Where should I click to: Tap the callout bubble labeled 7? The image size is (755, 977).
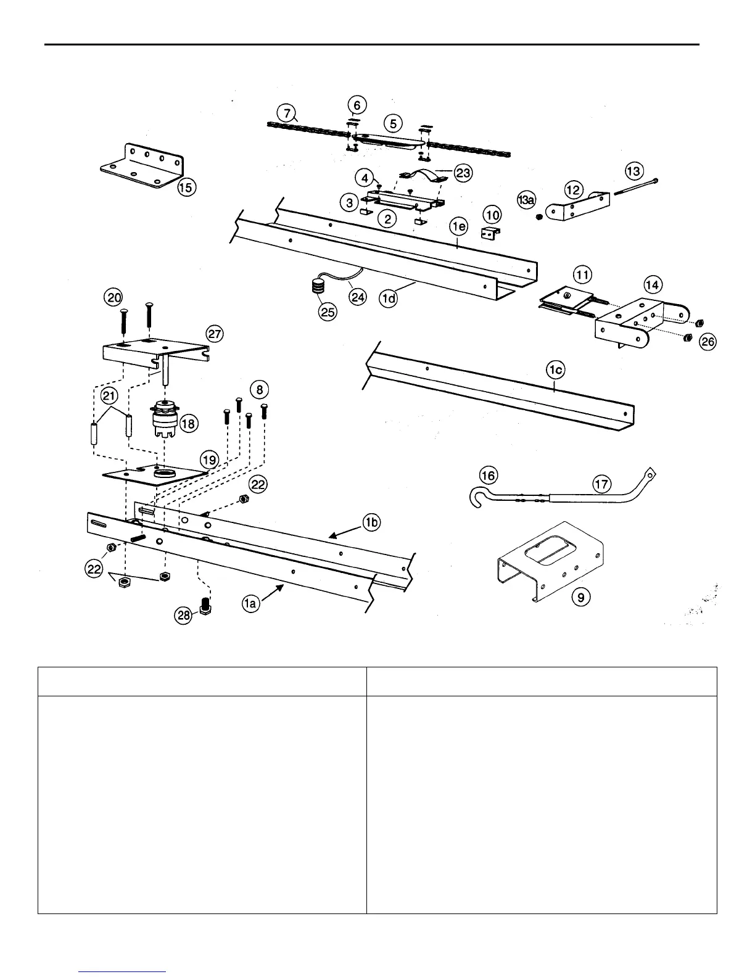coord(286,113)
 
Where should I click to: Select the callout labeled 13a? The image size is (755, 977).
coord(527,199)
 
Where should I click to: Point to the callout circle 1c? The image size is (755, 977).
coord(555,370)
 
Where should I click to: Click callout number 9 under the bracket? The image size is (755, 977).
coord(580,596)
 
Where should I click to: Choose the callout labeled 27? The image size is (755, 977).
coord(215,334)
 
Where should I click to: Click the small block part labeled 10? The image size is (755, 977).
coord(490,233)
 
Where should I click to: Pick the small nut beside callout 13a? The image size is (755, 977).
coord(539,217)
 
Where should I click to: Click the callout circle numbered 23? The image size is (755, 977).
coord(463,173)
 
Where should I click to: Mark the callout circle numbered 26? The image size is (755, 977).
coord(708,341)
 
